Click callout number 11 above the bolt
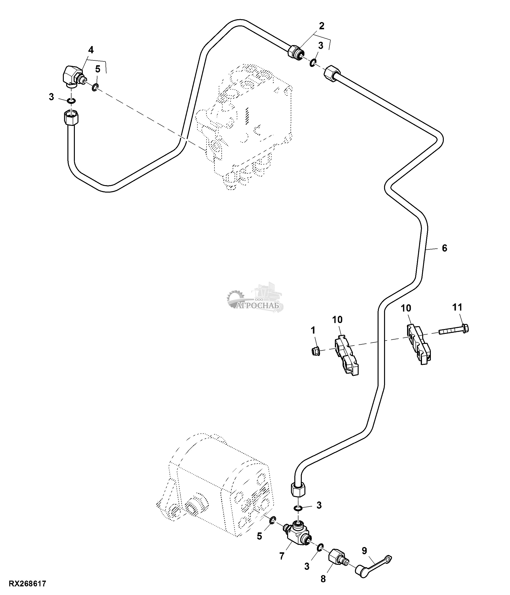pos(457,307)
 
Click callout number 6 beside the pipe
pos(444,248)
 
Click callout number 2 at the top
pos(321,26)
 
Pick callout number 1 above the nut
pos(313,330)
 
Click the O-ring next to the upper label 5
pos(95,87)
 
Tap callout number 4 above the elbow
pos(91,50)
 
